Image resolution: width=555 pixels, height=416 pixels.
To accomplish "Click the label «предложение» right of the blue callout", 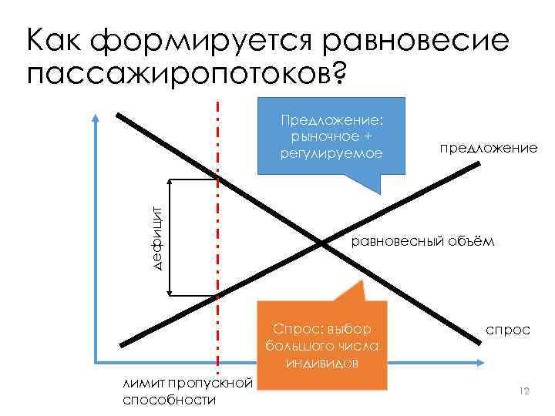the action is point(488,146).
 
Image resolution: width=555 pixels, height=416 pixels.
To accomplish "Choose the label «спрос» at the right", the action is point(507,329).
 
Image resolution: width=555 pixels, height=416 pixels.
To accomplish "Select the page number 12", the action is point(525,392).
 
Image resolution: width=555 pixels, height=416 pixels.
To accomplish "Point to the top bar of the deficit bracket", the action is point(193,179).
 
